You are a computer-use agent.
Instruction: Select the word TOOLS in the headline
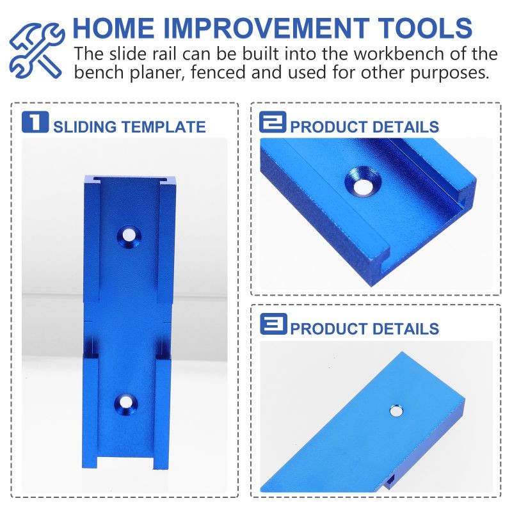click(x=428, y=28)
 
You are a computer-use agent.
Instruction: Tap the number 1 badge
click(x=35, y=122)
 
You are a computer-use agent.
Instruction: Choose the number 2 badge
click(x=273, y=122)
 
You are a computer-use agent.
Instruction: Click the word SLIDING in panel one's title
click(x=85, y=127)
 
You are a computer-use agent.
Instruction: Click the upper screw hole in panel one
click(x=129, y=236)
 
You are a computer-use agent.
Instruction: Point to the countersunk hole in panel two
click(x=362, y=184)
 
